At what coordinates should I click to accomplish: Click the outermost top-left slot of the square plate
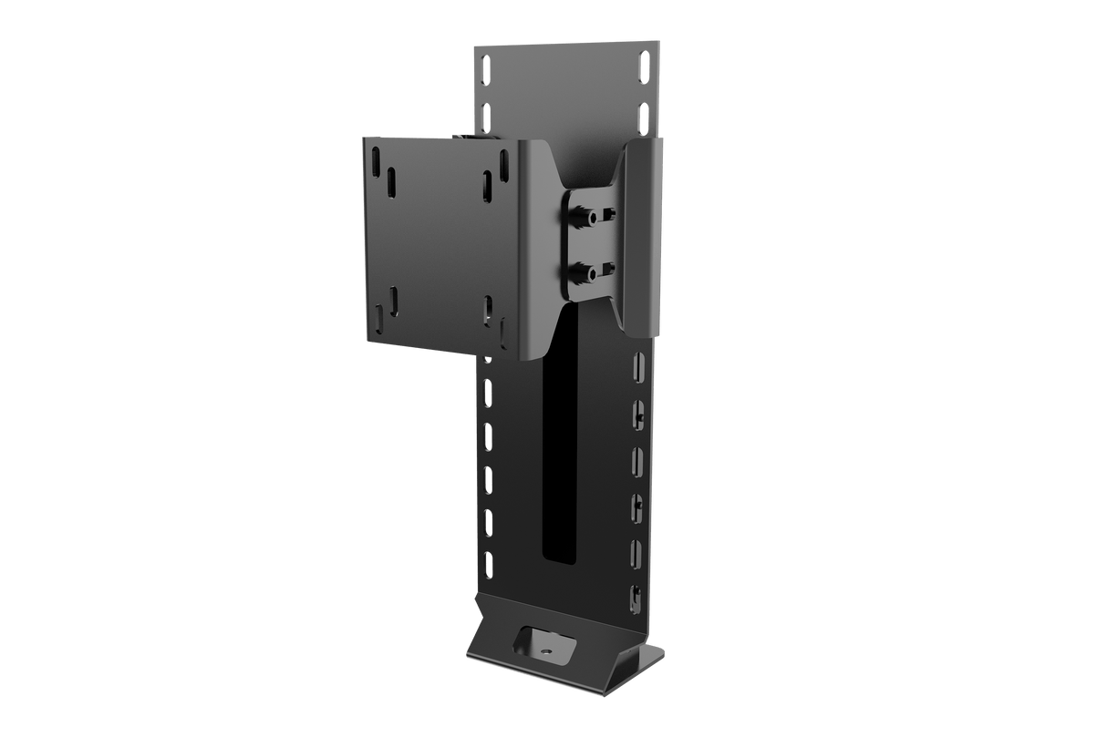(x=375, y=159)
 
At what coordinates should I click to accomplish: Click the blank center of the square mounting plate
(x=438, y=241)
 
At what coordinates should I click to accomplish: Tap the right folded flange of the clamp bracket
(x=642, y=237)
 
